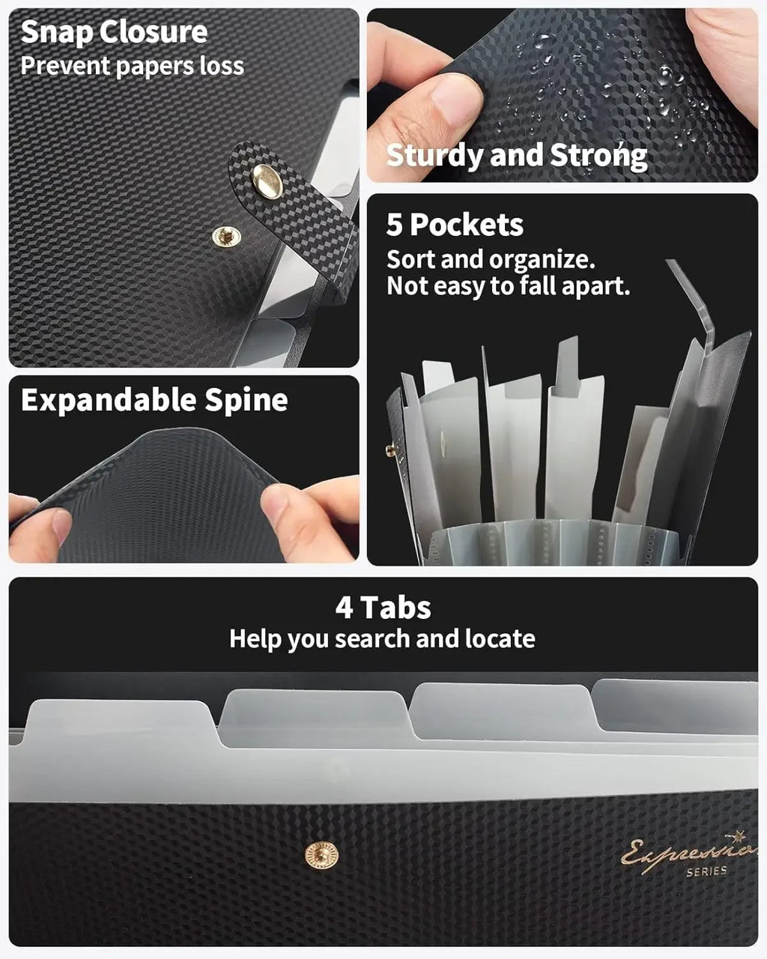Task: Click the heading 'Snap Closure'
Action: coord(114,32)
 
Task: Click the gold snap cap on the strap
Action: coord(267,181)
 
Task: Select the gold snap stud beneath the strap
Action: coord(226,236)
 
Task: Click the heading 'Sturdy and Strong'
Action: coord(517,156)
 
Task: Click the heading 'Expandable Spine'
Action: coord(154,400)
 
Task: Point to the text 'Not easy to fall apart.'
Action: coord(509,286)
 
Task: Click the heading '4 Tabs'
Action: coord(383,607)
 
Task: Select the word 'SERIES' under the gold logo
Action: coord(707,871)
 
